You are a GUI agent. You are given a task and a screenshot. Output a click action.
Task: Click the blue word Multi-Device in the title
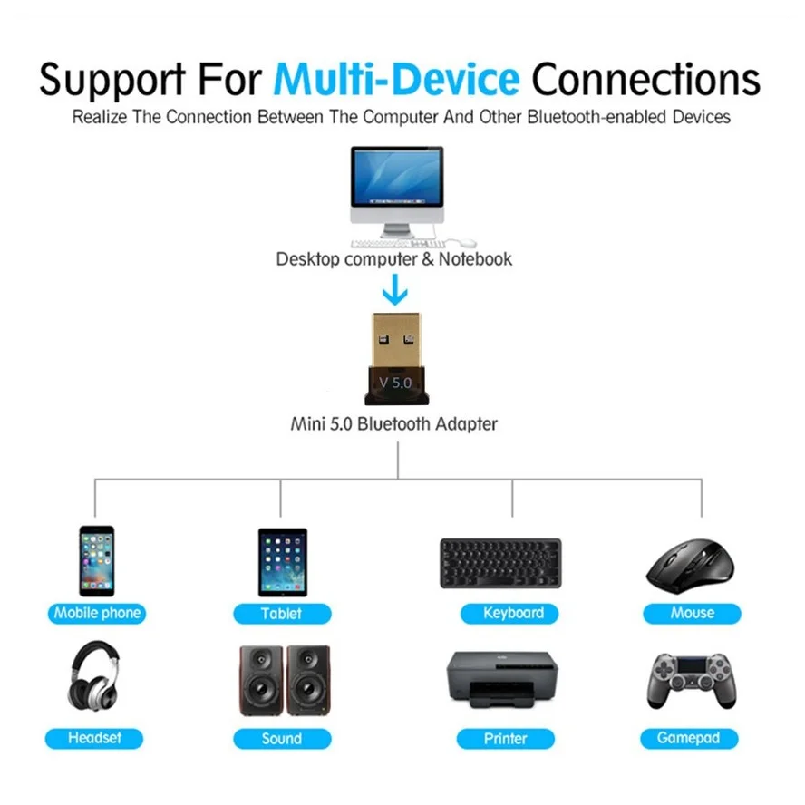click(396, 79)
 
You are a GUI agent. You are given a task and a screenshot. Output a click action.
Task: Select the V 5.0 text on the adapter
click(395, 383)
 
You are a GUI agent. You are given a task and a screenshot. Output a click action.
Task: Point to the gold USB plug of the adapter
click(396, 340)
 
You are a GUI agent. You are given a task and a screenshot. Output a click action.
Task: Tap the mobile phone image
click(96, 560)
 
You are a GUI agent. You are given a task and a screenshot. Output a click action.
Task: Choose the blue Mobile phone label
click(97, 614)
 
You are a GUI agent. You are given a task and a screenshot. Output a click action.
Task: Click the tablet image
click(282, 561)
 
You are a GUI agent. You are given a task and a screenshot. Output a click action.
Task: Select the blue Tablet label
click(282, 614)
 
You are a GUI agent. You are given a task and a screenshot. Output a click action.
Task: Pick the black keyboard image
click(500, 563)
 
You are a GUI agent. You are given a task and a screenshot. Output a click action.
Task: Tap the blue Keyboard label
click(513, 614)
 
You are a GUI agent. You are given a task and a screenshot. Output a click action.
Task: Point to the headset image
click(94, 675)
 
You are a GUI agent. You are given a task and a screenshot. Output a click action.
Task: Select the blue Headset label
click(94, 738)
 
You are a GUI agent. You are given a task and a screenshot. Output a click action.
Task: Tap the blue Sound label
click(282, 739)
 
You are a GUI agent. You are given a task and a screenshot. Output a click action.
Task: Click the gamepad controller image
click(692, 679)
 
